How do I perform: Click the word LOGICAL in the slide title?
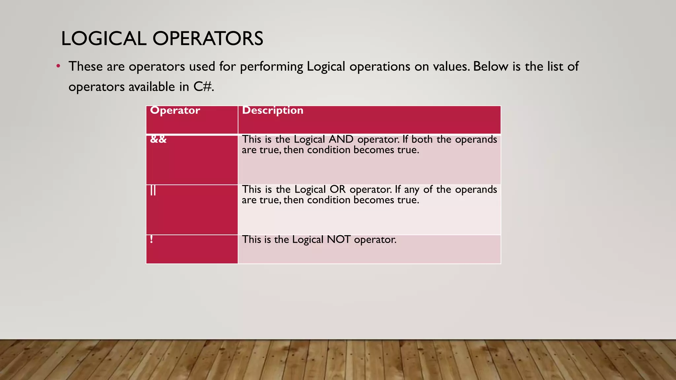104,39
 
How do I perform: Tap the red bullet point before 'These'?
58,66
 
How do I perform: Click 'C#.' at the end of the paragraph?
204,87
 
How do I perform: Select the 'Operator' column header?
175,110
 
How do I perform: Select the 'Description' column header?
273,110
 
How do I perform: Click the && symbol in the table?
158,140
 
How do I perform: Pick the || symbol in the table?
153,190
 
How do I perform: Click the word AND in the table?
341,139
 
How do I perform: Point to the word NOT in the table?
338,239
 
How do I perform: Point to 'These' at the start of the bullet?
85,66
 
